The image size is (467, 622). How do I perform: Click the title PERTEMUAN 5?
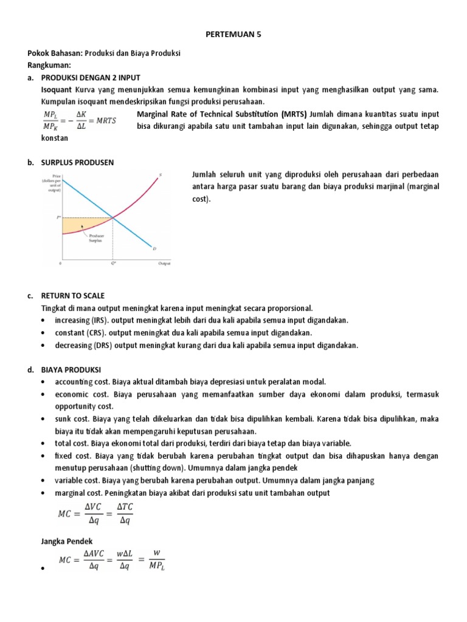(233, 35)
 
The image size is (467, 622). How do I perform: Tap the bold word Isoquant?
(55, 90)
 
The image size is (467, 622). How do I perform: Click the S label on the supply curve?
(161, 176)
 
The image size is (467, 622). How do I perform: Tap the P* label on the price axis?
(59, 217)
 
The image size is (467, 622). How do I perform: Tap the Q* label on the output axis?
(113, 264)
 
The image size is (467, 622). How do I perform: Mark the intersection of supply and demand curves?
(114, 217)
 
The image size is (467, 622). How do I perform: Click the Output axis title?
(164, 264)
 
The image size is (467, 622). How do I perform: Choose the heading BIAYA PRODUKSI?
(71, 369)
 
